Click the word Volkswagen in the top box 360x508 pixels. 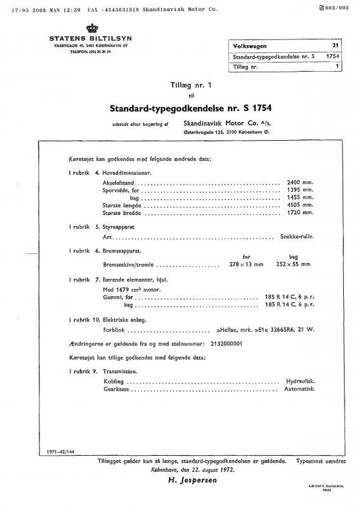pyautogui.click(x=251, y=47)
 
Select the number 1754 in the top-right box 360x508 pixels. pyautogui.click(x=332, y=57)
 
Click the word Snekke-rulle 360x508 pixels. pyautogui.click(x=297, y=238)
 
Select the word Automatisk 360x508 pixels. pyautogui.click(x=299, y=390)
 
